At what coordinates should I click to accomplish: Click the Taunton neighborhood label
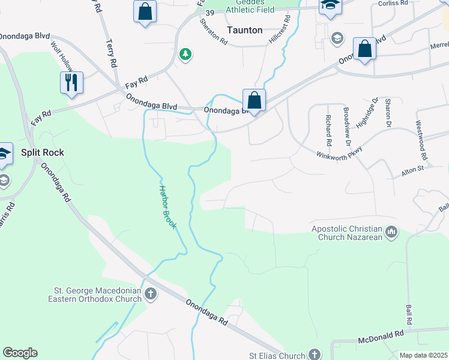[245, 29]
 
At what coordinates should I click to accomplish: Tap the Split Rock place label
[42, 152]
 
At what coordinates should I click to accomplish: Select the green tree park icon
[186, 55]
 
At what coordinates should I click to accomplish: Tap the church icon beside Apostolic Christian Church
[391, 232]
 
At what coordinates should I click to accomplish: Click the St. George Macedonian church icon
[151, 294]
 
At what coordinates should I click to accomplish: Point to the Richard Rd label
[328, 130]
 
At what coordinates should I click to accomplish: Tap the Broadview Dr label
[346, 127]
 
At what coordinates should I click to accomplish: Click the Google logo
[20, 353]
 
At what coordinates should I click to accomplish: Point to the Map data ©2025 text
[423, 355]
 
